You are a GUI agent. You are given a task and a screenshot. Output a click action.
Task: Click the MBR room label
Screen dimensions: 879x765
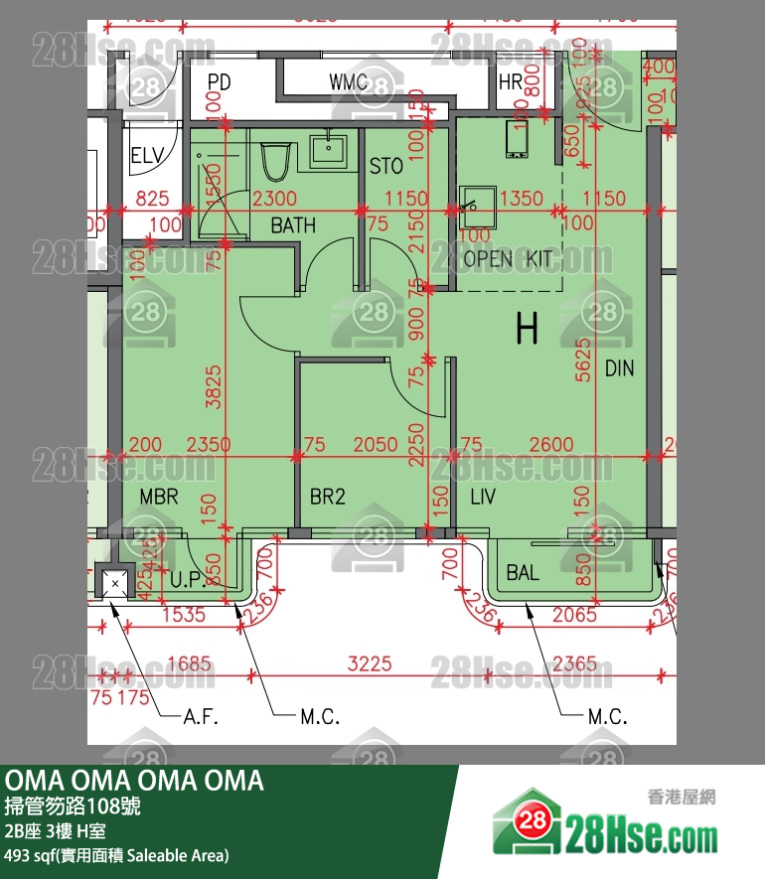tap(159, 496)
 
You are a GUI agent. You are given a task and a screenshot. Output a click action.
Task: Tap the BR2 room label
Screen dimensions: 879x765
tap(328, 496)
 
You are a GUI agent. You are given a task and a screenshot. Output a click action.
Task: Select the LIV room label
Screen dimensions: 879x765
tap(483, 496)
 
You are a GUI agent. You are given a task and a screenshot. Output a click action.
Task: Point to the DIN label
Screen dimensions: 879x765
tap(619, 369)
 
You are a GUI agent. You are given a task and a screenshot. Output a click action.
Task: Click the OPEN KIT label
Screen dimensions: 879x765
tap(508, 259)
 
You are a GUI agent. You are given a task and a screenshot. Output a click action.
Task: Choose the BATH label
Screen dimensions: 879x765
tap(293, 225)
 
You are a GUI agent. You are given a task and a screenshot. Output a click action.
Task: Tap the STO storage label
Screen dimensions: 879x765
tap(385, 166)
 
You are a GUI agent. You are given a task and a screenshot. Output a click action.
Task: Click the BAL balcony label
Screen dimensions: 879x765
tap(523, 573)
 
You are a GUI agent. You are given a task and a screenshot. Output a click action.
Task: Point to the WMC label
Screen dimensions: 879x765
tap(349, 81)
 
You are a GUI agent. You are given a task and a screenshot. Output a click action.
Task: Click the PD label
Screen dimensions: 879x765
tap(219, 81)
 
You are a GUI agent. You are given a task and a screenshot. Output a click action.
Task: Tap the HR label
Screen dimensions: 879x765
tap(511, 81)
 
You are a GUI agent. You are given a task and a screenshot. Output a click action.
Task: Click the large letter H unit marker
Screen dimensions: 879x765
tap(527, 328)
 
